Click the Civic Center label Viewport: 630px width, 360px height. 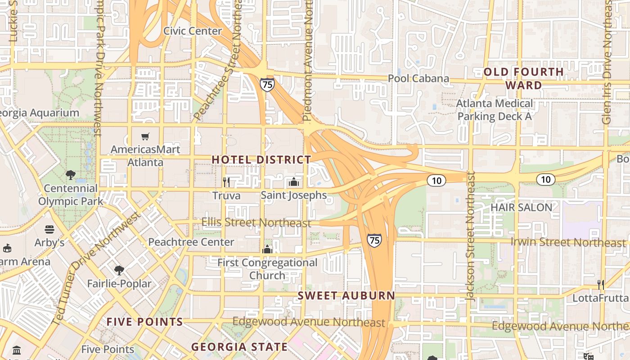click(193, 31)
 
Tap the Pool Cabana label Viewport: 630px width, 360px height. click(418, 79)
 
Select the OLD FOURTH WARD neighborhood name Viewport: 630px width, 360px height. click(523, 79)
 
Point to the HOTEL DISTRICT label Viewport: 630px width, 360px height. click(261, 160)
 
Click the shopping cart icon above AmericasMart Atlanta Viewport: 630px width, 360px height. click(145, 136)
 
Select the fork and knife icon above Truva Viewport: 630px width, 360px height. click(226, 182)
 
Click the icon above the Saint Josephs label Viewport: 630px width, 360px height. click(294, 182)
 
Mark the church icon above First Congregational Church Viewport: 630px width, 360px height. click(267, 249)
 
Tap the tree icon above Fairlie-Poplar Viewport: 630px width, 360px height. click(119, 270)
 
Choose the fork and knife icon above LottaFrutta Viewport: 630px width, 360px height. click(600, 284)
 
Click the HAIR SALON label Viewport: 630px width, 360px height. click(521, 207)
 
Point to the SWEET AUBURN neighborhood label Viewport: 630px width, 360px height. click(346, 296)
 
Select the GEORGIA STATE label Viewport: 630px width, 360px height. click(239, 347)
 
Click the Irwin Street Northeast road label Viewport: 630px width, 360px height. click(568, 243)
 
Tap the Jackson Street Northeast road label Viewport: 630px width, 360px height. click(471, 236)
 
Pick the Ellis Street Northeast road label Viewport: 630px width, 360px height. click(256, 223)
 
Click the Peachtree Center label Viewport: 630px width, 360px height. click(191, 242)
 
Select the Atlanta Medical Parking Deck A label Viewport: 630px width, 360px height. click(495, 110)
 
